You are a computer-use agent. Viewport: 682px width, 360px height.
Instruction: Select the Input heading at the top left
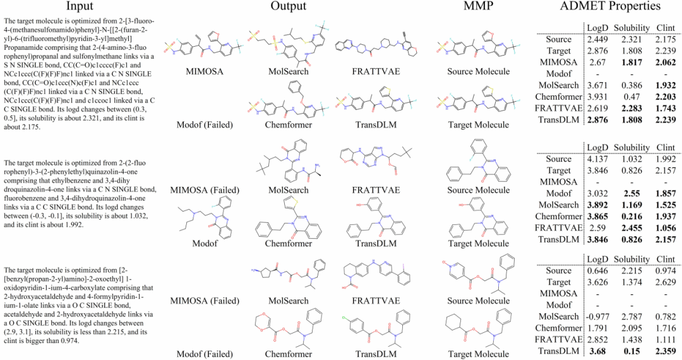[x=80, y=7]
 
